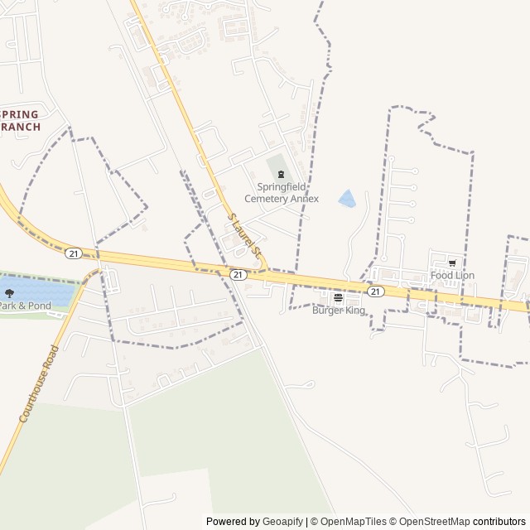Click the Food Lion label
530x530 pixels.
pyautogui.click(x=452, y=275)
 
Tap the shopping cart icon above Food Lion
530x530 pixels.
pyautogui.click(x=452, y=263)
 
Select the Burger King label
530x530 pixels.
pyautogui.click(x=338, y=311)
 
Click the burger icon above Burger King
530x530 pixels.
pyautogui.click(x=338, y=298)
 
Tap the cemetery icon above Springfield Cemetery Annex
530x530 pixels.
pyautogui.click(x=282, y=175)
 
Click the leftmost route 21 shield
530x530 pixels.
pyautogui.click(x=75, y=253)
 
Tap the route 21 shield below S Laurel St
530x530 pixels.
pyautogui.click(x=238, y=274)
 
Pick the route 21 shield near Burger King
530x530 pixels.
pyautogui.click(x=376, y=291)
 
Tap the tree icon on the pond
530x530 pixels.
pyautogui.click(x=9, y=293)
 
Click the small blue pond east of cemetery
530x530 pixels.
pyautogui.click(x=347, y=199)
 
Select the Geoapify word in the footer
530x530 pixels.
pyautogui.click(x=282, y=522)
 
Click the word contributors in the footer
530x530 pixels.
pyautogui.click(x=499, y=522)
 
